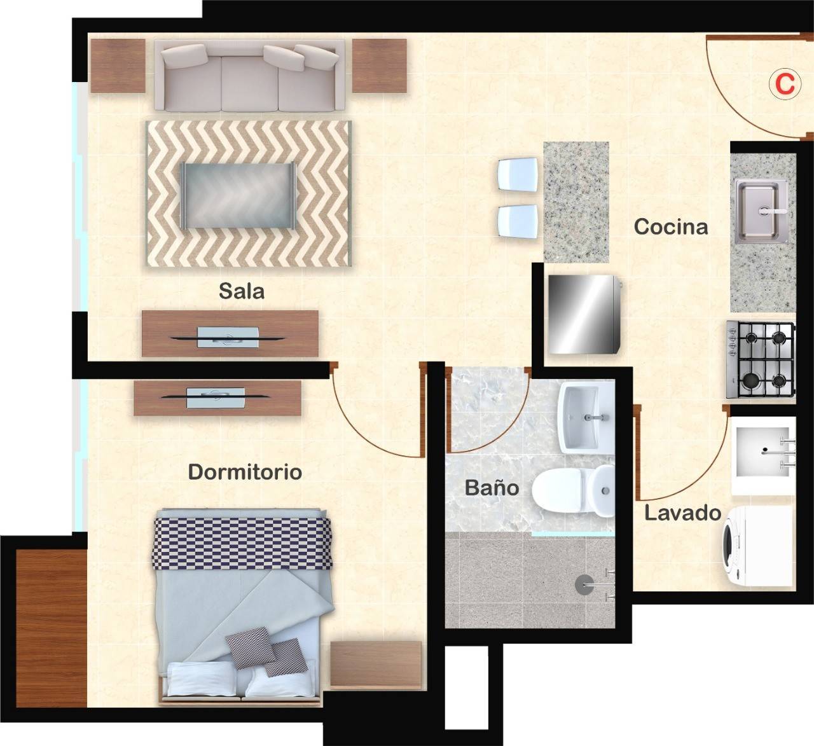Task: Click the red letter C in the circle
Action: click(785, 85)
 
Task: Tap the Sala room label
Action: click(242, 291)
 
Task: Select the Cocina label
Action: click(671, 226)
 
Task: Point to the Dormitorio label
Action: click(245, 472)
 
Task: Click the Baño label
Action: click(492, 487)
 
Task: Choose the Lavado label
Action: click(682, 513)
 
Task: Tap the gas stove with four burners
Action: click(761, 359)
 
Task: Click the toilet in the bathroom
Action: click(573, 491)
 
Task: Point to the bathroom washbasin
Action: click(586, 417)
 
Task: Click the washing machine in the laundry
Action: click(757, 546)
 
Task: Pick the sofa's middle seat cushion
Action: click(249, 83)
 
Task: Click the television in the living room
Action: click(228, 338)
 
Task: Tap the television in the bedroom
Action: click(216, 397)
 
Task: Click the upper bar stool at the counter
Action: click(518, 174)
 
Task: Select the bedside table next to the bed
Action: click(376, 665)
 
